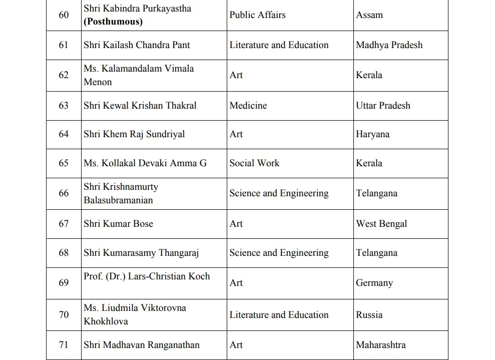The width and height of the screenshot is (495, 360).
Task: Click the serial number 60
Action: click(64, 15)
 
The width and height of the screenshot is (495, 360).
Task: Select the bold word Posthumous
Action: click(113, 22)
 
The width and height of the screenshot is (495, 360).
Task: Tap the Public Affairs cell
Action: click(257, 15)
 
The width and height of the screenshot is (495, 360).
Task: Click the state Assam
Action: click(370, 15)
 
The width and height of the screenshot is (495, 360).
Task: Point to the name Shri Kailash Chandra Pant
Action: click(137, 45)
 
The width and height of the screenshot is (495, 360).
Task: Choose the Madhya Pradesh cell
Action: click(389, 45)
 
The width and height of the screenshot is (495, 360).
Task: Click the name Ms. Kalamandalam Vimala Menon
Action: click(139, 75)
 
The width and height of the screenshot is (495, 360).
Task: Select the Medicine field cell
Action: click(248, 106)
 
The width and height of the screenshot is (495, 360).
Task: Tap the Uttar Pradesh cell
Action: click(383, 106)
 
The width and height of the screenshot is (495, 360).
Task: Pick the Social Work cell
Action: click(254, 163)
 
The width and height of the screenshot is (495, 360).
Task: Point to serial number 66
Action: click(64, 193)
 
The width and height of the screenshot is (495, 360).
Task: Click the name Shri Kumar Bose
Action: click(118, 224)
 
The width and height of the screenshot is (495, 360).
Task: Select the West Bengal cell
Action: click(381, 224)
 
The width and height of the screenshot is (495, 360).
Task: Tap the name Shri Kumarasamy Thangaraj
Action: click(141, 253)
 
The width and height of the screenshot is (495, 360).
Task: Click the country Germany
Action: click(374, 283)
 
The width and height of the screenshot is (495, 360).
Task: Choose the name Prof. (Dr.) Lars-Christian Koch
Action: click(147, 276)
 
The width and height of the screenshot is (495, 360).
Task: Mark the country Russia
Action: click(369, 315)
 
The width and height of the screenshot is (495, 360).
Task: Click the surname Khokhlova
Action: click(106, 321)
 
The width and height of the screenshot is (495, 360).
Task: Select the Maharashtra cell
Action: click(380, 345)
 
